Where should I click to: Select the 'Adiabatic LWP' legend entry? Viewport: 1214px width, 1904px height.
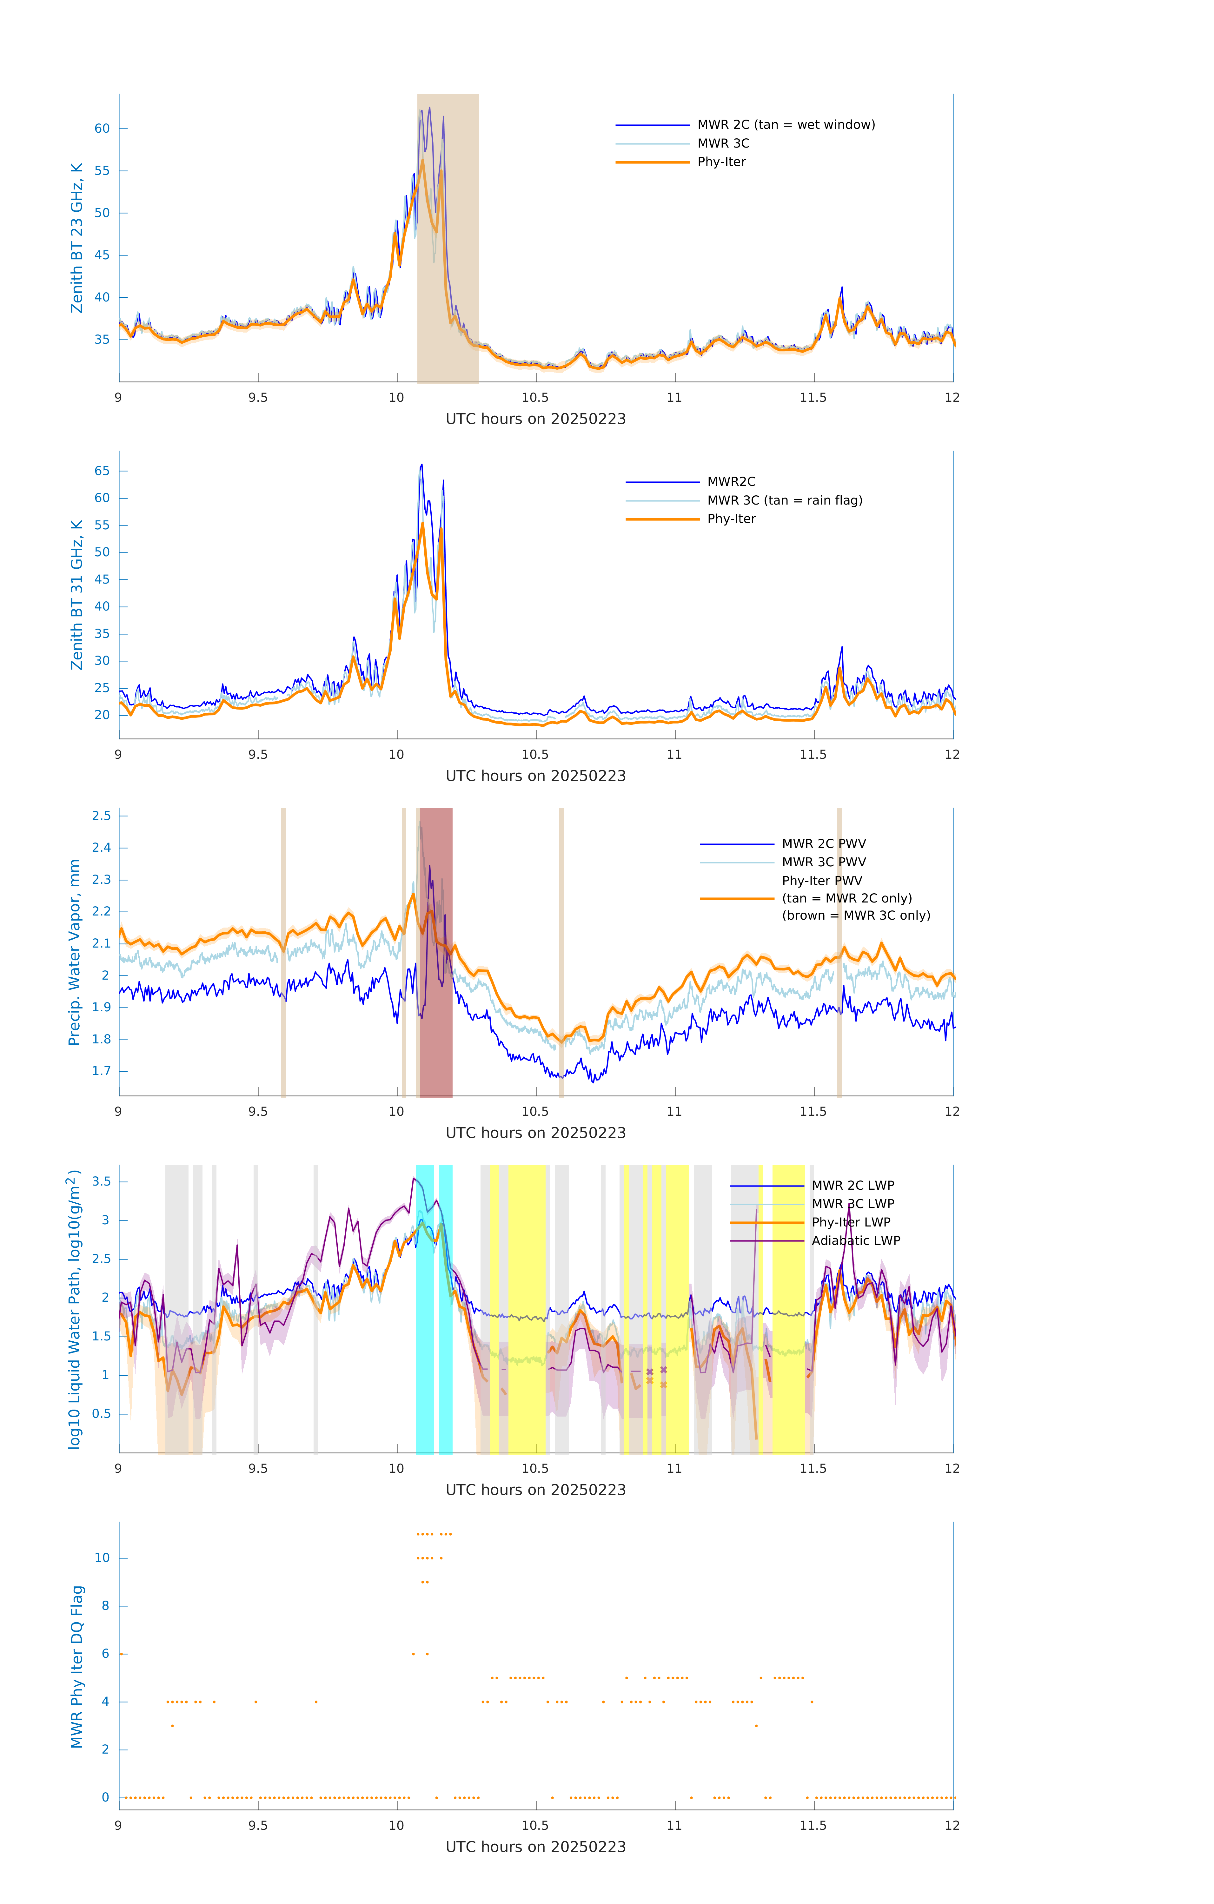coord(855,1240)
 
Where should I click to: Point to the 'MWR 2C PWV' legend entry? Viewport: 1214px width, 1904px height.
coord(823,844)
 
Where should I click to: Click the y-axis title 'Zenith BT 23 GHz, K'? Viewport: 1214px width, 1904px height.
coord(77,238)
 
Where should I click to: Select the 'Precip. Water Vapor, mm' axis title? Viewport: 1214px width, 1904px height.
coord(74,952)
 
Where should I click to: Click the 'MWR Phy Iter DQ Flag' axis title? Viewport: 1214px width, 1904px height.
coord(77,1666)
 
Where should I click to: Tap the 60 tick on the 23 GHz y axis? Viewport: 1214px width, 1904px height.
coord(102,129)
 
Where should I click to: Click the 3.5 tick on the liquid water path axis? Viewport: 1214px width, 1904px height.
coord(101,1181)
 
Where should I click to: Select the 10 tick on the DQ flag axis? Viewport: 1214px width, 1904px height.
coord(102,1558)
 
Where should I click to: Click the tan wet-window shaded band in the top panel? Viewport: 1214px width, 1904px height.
coord(448,237)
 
